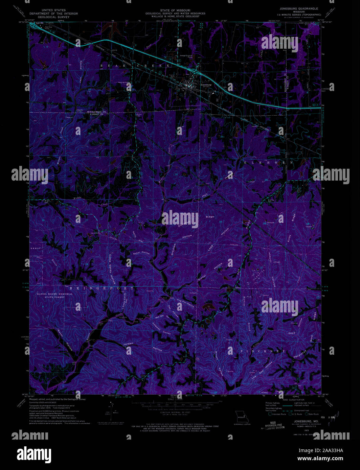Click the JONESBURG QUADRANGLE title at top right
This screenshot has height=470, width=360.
[299, 8]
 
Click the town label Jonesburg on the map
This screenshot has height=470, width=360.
[206, 85]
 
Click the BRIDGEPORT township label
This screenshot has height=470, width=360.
[102, 288]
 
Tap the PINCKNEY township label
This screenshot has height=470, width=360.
[263, 352]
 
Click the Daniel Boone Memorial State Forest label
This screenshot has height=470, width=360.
[55, 296]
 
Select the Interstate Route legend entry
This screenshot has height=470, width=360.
[278, 414]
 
